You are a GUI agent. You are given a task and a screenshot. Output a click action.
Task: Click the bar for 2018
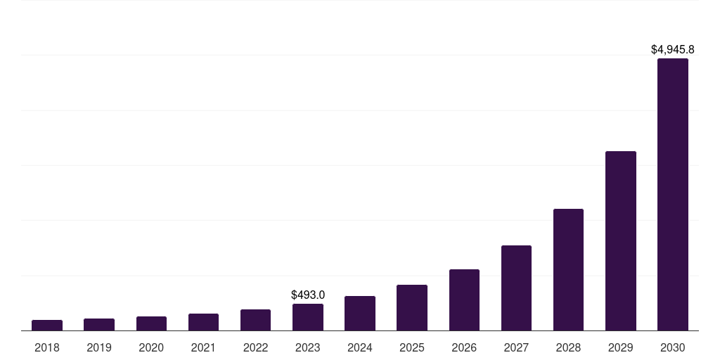(47, 325)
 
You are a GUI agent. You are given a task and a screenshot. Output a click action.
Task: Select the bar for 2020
(151, 323)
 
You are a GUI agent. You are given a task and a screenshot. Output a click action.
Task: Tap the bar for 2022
(255, 320)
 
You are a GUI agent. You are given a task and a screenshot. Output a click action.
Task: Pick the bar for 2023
(308, 317)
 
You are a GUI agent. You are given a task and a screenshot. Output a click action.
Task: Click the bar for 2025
(412, 307)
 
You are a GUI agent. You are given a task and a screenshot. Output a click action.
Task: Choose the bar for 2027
(516, 288)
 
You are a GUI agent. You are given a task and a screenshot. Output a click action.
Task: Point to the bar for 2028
(568, 269)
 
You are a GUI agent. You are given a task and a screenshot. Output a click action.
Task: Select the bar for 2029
(620, 240)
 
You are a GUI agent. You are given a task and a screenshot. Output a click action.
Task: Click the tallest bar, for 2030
(673, 194)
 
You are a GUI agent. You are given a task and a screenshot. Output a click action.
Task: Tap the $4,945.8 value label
(673, 50)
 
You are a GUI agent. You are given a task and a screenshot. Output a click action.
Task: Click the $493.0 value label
(308, 295)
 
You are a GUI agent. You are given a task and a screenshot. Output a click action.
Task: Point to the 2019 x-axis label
(99, 347)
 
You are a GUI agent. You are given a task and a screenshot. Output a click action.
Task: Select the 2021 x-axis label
(203, 347)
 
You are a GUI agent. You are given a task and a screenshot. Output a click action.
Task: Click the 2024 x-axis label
(360, 347)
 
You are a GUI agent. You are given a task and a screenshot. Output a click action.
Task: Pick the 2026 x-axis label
(464, 347)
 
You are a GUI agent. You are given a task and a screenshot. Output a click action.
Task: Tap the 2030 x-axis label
(673, 347)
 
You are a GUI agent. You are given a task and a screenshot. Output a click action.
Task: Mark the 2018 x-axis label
(47, 347)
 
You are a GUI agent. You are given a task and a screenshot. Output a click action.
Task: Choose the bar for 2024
(360, 313)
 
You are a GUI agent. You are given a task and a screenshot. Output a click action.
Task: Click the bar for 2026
(464, 300)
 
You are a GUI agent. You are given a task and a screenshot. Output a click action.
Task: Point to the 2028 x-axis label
(568, 347)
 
